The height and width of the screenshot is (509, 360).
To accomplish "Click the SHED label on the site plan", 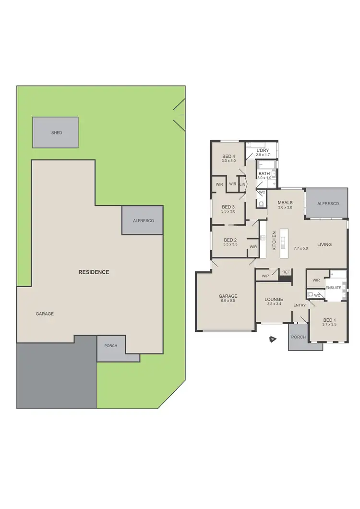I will (x=57, y=133).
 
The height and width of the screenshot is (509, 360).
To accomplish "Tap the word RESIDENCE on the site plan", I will (x=94, y=272).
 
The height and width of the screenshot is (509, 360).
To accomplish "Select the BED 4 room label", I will (x=228, y=157).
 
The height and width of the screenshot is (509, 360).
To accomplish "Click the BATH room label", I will (x=264, y=173).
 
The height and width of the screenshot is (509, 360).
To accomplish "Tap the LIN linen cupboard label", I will (x=243, y=184).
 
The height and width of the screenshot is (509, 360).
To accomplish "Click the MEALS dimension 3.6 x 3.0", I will (x=285, y=207).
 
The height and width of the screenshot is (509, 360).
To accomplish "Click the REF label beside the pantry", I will (x=286, y=272).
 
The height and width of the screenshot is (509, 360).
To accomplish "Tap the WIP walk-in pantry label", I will (x=265, y=276).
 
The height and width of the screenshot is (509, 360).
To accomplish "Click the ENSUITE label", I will (x=333, y=288).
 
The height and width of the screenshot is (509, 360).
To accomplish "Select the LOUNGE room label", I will (x=274, y=299).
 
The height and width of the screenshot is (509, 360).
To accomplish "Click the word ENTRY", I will (x=300, y=305).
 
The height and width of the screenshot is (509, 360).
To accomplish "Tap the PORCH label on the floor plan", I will (x=299, y=337).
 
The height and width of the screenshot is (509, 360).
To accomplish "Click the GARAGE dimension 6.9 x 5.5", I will (x=228, y=302).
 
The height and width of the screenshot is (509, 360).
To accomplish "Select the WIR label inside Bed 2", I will (x=253, y=247).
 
